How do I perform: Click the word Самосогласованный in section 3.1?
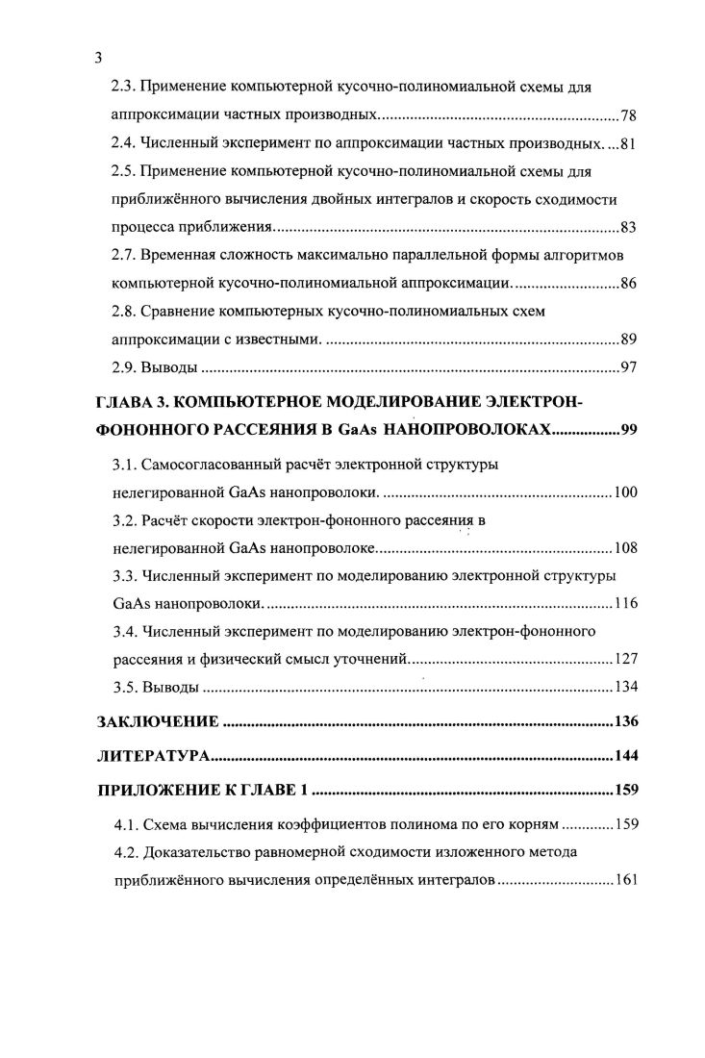tap(214, 465)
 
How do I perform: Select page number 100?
tap(625, 493)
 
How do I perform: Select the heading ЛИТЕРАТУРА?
tap(154, 757)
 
